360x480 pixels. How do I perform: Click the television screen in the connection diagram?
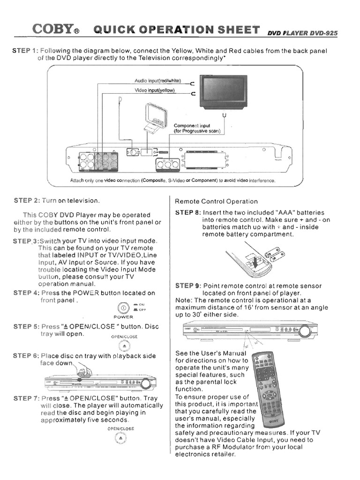223,92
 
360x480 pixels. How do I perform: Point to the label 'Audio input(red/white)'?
157,81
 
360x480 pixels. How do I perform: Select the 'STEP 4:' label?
26,293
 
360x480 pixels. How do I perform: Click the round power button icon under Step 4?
123,308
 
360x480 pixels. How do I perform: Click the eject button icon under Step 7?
120,438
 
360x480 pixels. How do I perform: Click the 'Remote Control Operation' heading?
216,202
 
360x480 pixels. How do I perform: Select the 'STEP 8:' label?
187,213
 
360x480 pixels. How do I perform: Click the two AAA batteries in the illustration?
274,255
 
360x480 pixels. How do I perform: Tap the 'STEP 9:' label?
187,285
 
